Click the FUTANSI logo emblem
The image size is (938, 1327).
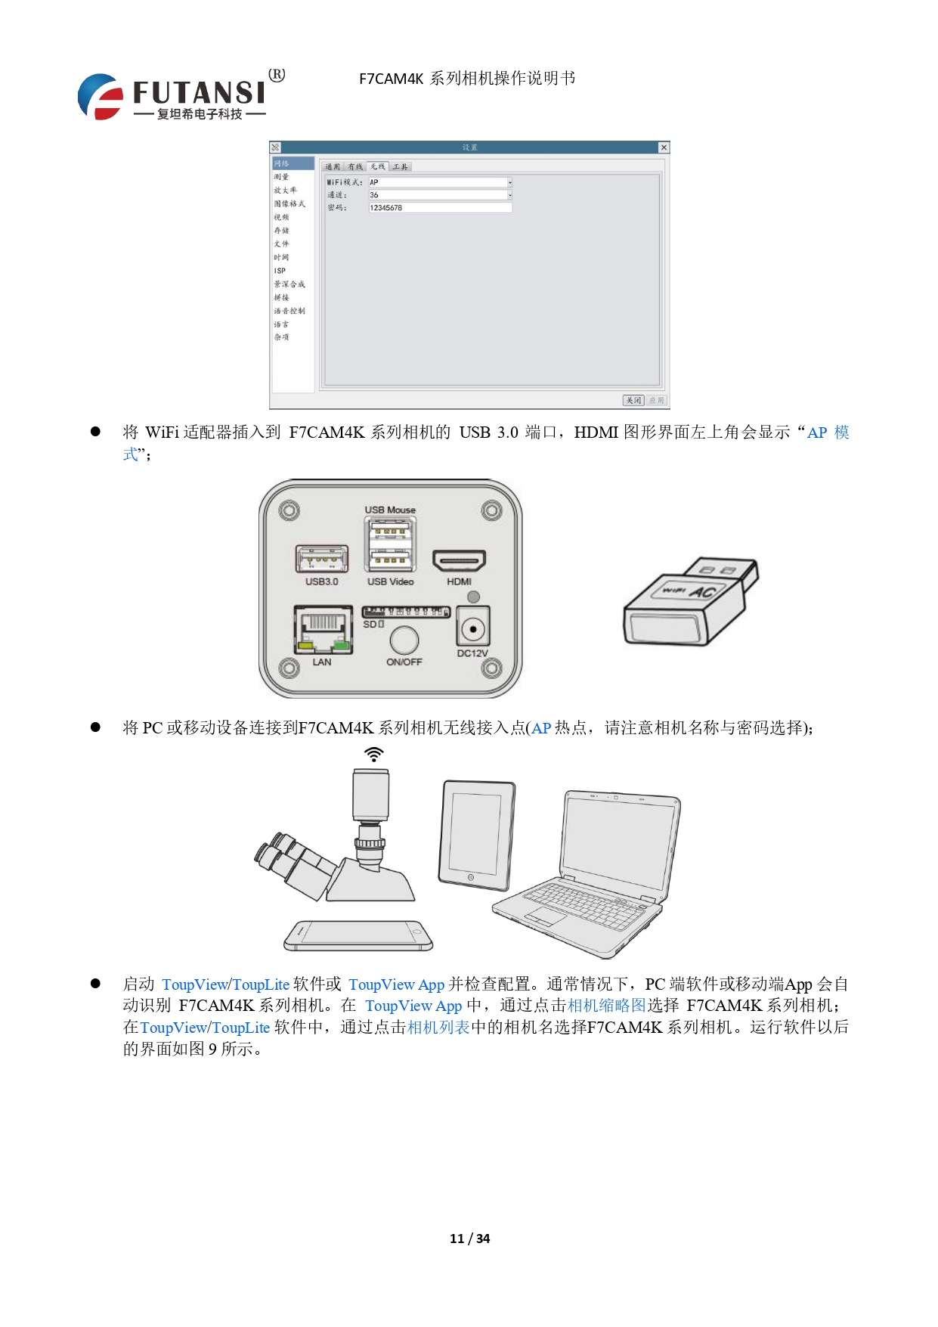tap(101, 97)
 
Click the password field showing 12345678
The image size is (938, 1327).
tap(439, 208)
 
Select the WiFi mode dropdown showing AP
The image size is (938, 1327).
tap(439, 182)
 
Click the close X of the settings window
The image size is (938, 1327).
tap(663, 147)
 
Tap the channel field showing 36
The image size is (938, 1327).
tap(439, 195)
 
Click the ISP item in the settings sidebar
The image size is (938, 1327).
tap(280, 271)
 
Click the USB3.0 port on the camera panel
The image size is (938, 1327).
tap(321, 560)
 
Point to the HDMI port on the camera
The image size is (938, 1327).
tap(459, 561)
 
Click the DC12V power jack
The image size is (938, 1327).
tap(473, 628)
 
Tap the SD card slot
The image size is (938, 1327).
tap(406, 612)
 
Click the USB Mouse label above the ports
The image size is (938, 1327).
tap(390, 510)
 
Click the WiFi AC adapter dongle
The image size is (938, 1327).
tap(689, 603)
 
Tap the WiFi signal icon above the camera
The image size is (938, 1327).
tap(373, 754)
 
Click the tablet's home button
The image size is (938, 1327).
tap(471, 878)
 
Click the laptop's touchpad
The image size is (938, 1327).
tap(546, 917)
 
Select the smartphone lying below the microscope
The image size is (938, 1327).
tap(358, 935)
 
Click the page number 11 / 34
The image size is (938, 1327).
tap(469, 1239)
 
